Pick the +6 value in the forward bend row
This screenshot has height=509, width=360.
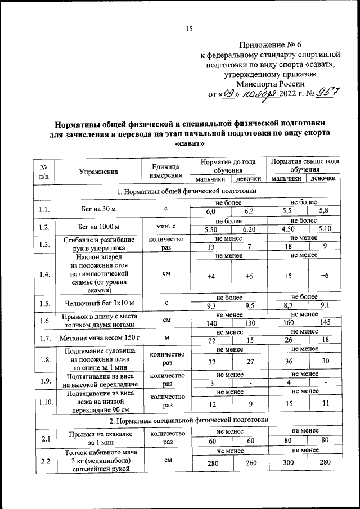pos(324,276)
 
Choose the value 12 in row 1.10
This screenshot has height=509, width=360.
pos(211,404)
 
